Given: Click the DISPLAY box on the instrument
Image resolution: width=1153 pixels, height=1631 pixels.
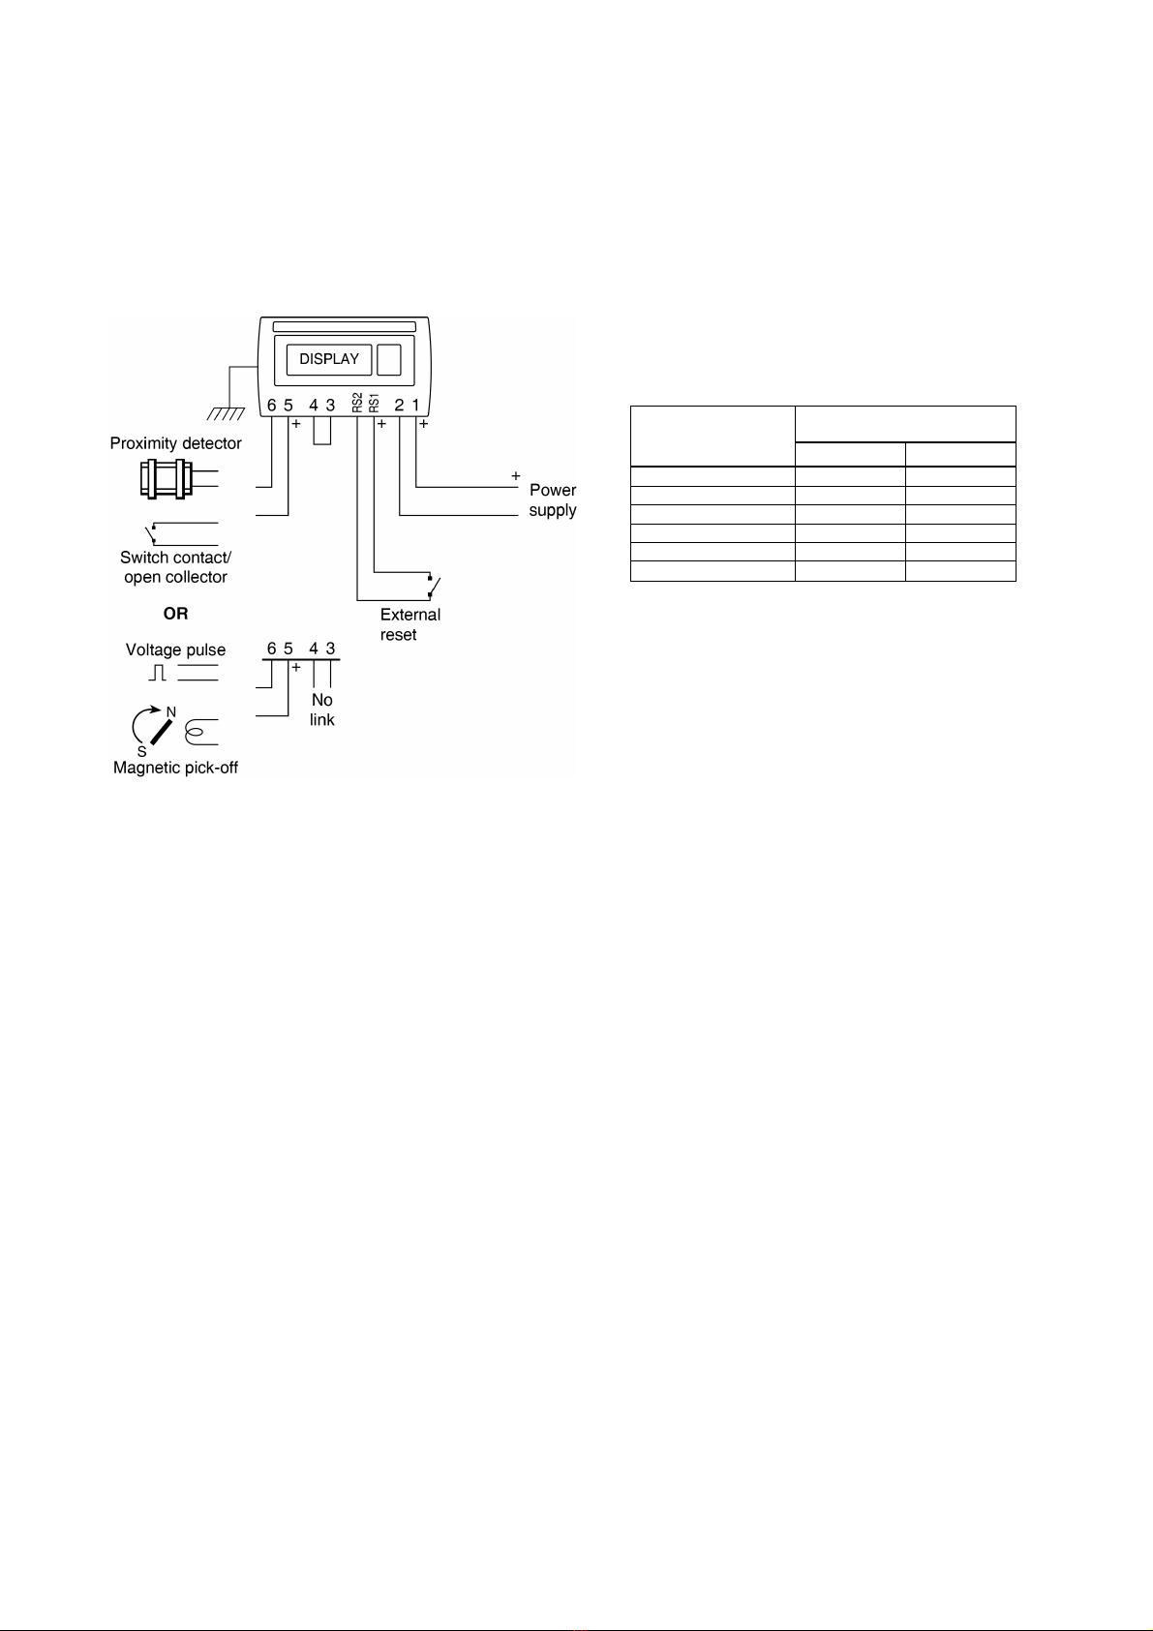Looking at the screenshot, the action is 329,359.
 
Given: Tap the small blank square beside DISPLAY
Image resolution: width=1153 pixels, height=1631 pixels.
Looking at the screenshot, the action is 388,359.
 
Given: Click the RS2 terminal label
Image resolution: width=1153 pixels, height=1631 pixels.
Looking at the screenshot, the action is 357,403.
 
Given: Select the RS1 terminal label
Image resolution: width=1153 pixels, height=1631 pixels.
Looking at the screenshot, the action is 374,403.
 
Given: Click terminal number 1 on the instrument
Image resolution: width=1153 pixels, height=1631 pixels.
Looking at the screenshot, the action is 416,406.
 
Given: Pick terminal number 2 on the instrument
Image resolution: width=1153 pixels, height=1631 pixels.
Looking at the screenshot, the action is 399,406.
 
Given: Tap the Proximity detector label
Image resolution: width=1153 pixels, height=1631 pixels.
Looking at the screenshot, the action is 175,443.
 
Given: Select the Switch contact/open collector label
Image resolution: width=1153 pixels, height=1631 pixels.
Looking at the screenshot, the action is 175,567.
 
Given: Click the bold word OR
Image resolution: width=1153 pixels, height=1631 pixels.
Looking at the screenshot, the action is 175,614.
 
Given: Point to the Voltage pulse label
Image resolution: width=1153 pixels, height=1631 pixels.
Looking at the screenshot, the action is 175,650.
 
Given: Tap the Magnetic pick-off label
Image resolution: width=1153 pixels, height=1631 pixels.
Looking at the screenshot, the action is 175,768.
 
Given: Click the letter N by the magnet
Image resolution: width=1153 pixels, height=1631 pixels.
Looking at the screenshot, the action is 171,711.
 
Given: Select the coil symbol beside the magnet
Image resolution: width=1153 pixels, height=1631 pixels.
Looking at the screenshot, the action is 200,734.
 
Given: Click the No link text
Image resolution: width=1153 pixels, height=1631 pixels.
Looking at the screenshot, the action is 322,710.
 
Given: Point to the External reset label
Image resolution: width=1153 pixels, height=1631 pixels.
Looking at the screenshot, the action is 410,624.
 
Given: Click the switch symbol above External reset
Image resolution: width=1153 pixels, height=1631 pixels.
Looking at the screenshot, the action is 433,586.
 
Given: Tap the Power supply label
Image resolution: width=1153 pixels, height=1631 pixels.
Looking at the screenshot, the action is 553,500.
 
